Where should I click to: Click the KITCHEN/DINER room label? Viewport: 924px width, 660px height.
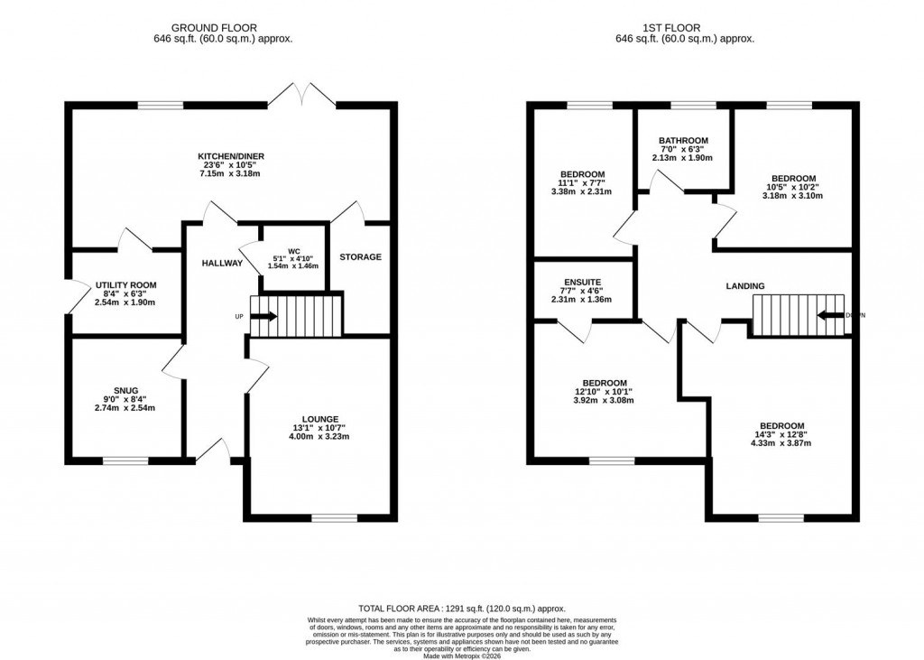[231, 156]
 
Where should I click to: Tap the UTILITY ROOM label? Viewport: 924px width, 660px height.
[125, 285]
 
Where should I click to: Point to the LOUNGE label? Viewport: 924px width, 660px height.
[320, 419]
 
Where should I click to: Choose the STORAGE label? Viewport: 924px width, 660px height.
[360, 257]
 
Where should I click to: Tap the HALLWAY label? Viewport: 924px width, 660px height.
[222, 264]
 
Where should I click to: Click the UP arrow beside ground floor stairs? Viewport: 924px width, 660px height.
[263, 316]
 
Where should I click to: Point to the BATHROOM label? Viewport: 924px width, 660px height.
[682, 141]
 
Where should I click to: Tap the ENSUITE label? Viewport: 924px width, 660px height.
[581, 282]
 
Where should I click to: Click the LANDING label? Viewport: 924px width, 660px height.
[745, 286]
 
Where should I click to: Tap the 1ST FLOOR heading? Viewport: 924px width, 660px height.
[684, 28]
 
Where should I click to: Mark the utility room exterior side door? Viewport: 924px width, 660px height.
[69, 298]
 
